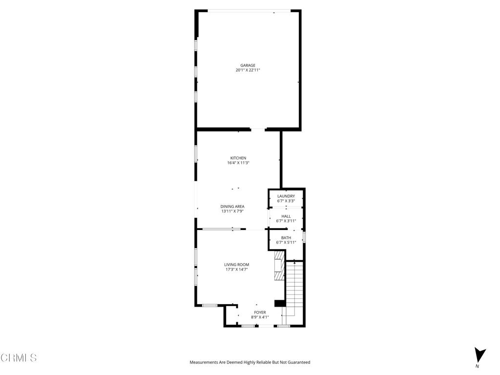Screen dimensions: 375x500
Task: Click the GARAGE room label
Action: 248,65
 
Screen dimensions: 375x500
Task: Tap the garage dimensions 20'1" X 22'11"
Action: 248,70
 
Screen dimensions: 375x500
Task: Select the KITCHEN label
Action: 238,158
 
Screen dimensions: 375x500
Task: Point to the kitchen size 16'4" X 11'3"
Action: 238,163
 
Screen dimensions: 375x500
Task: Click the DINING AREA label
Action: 232,207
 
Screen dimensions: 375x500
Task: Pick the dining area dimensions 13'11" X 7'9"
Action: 232,211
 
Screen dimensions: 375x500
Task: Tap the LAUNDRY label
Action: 286,196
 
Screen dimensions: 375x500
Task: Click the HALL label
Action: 286,216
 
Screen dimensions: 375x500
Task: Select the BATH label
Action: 286,238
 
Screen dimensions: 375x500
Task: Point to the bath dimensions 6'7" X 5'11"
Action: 286,243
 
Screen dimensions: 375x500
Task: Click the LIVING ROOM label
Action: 237,265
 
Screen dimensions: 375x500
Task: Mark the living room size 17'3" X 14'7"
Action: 237,270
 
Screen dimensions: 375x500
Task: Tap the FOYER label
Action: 260,312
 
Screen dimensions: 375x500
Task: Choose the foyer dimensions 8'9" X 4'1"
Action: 260,317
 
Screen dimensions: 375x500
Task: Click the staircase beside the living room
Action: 294,288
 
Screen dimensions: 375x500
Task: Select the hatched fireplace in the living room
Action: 279,266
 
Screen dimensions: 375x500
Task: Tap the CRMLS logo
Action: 19,358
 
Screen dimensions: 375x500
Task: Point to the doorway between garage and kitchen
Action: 258,129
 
